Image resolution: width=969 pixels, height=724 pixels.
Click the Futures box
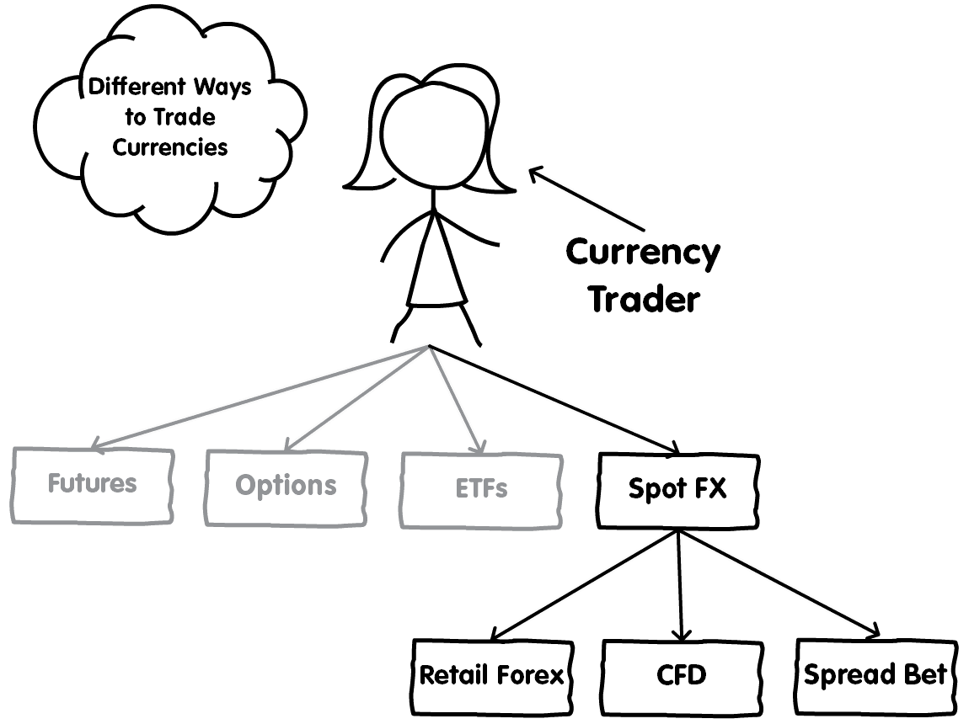pyautogui.click(x=92, y=486)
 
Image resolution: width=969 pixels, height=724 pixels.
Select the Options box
pyautogui.click(x=286, y=488)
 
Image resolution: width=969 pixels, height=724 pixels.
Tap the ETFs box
pyautogui.click(x=481, y=491)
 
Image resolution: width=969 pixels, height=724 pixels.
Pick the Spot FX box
pyautogui.click(x=678, y=491)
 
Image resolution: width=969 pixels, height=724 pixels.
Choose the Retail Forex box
pyautogui.click(x=493, y=677)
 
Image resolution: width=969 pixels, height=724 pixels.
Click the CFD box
pyautogui.click(x=683, y=677)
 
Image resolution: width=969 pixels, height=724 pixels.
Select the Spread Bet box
pyautogui.click(x=876, y=676)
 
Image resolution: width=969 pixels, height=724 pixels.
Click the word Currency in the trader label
pyautogui.click(x=643, y=253)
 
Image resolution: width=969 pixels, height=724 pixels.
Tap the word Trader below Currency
pyautogui.click(x=645, y=300)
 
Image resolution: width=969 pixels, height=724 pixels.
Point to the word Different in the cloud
pyautogui.click(x=137, y=87)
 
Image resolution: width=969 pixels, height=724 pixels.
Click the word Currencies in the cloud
pyautogui.click(x=170, y=147)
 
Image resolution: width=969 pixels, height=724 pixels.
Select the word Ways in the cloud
pyautogui.click(x=222, y=87)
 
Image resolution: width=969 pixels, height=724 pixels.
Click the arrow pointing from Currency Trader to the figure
pyautogui.click(x=586, y=199)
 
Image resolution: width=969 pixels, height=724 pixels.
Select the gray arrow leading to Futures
pyautogui.click(x=260, y=397)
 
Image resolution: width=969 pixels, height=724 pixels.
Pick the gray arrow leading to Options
pyautogui.click(x=356, y=398)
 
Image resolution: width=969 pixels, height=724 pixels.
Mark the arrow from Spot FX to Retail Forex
pyautogui.click(x=585, y=585)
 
